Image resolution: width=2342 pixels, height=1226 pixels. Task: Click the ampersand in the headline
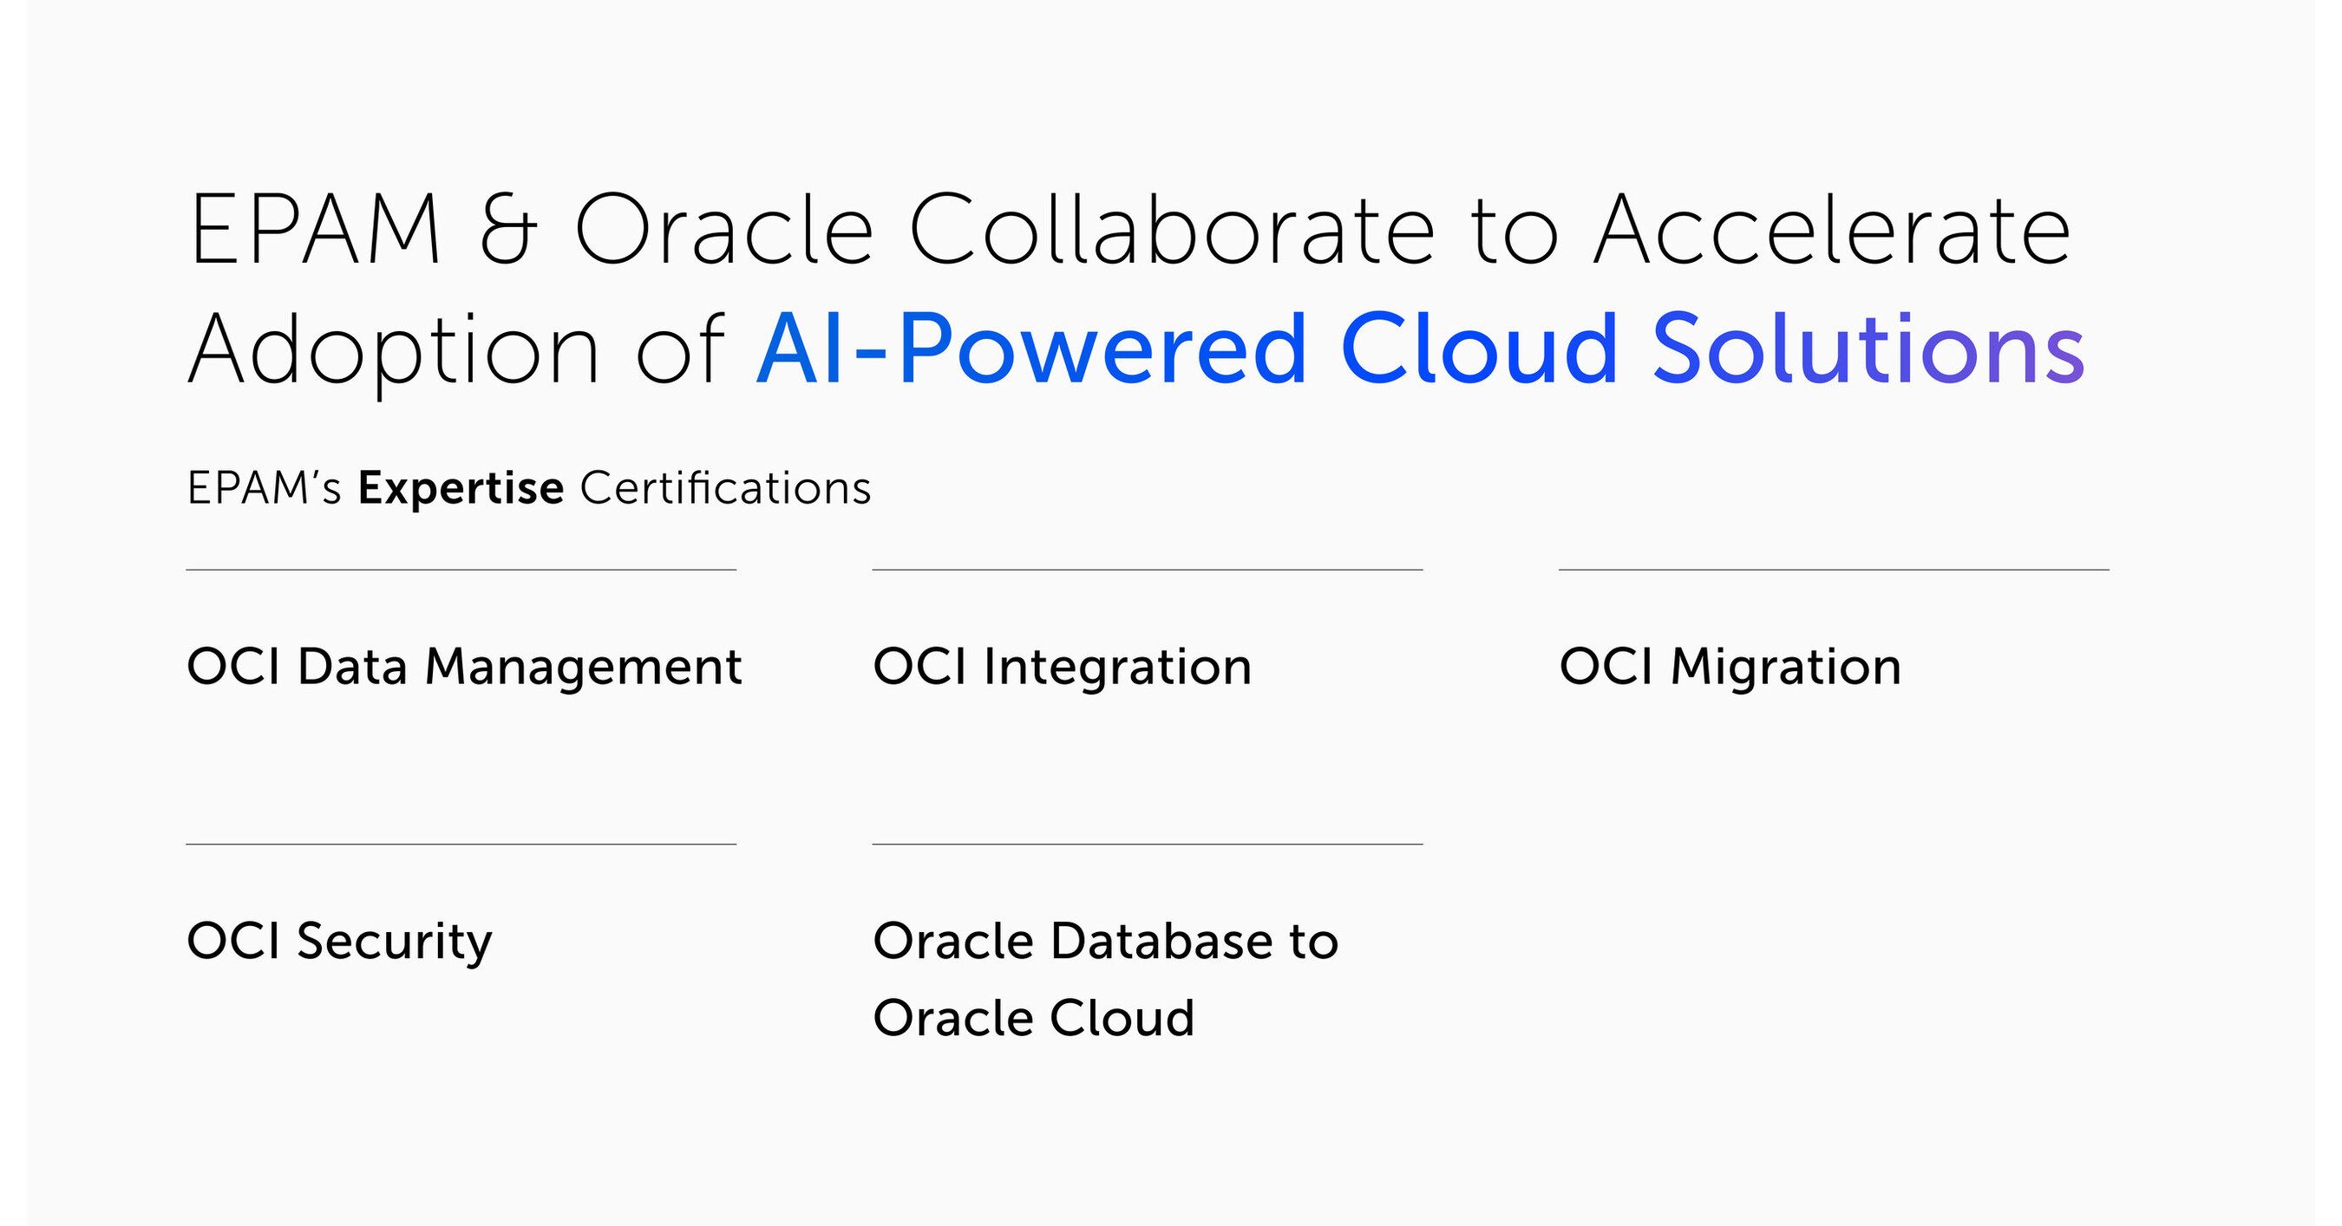pos(507,229)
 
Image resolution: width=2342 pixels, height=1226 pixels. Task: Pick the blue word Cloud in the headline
pos(1479,347)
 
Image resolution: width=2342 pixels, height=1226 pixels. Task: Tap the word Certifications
pos(725,488)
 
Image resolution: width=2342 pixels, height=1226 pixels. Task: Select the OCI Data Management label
pos(465,668)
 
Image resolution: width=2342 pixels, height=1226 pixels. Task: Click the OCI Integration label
pos(1062,668)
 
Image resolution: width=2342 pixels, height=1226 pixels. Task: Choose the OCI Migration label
pos(1730,668)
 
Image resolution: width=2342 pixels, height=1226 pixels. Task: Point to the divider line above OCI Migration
pos(1834,570)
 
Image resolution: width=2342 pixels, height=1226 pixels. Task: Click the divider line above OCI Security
pos(461,845)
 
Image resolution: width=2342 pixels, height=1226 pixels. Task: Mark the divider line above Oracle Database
pos(1148,845)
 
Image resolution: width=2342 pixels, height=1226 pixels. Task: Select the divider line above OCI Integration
pos(1148,570)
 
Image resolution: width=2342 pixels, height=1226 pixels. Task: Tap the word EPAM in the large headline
pos(315,229)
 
